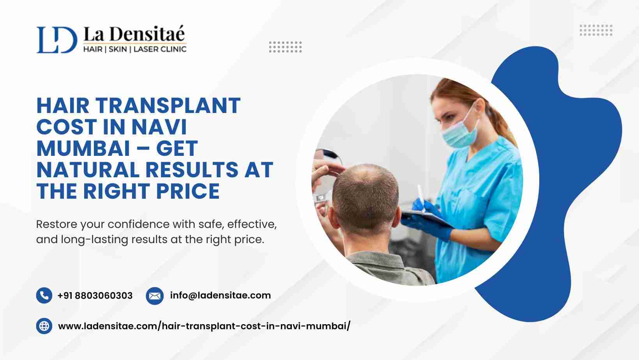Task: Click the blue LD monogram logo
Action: [x=57, y=40]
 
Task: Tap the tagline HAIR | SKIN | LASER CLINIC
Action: [x=135, y=49]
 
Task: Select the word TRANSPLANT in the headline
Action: [x=168, y=106]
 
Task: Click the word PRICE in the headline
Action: [x=188, y=191]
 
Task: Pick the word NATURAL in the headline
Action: [x=88, y=170]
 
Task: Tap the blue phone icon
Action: [x=44, y=295]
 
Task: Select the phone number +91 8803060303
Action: [x=95, y=296]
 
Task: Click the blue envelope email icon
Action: [x=155, y=296]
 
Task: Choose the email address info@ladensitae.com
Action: [x=221, y=295]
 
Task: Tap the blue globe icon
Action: [x=44, y=326]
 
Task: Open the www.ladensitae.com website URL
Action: [x=204, y=326]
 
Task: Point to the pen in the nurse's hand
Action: [x=421, y=197]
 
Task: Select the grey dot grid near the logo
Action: [x=285, y=47]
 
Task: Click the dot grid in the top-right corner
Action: [x=596, y=30]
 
